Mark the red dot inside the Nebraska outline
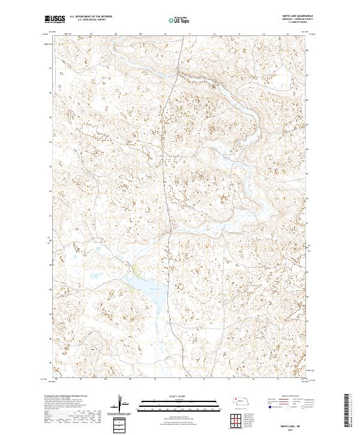[x=236, y=398]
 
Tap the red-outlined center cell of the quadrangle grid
[x=236, y=420]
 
